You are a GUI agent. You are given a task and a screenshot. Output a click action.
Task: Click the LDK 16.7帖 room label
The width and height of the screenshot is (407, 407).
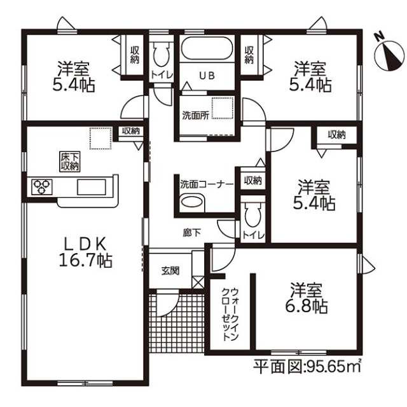point(86,252)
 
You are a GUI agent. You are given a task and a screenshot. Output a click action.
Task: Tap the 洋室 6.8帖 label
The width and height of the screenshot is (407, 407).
point(307,298)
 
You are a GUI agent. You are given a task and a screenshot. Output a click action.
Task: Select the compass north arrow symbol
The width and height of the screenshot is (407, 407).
point(390,52)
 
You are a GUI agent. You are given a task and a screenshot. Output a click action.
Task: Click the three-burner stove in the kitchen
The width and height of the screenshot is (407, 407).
point(42,187)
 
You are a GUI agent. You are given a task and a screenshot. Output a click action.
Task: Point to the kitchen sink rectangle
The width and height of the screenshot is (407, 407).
point(92,187)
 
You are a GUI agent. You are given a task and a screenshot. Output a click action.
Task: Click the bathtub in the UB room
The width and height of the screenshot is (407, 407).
point(207,48)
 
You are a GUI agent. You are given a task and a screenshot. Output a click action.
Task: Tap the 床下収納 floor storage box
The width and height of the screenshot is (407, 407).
point(70,162)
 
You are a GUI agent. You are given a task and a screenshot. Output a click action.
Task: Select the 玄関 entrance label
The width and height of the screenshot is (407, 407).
point(170,271)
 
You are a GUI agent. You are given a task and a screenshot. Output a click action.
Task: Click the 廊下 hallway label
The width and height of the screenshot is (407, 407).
point(192,233)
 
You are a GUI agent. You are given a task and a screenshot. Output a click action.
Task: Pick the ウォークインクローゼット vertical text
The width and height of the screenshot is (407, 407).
point(230,314)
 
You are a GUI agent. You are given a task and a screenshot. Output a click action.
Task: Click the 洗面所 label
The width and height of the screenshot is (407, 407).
point(195,116)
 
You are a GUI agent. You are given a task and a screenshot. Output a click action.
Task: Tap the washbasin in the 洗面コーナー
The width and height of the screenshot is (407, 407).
point(192,202)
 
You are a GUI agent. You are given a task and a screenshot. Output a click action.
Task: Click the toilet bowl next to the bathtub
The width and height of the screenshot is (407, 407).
point(161,55)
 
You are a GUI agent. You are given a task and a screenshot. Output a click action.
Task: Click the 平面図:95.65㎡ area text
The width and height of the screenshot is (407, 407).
point(307,366)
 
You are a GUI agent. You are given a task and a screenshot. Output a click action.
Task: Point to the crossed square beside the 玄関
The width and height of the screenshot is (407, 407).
point(198,282)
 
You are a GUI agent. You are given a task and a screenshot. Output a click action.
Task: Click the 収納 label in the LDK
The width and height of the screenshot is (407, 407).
point(131,131)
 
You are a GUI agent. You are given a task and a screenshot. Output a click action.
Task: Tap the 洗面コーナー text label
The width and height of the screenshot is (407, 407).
point(207,184)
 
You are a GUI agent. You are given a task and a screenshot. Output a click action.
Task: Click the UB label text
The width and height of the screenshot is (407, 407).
point(207,76)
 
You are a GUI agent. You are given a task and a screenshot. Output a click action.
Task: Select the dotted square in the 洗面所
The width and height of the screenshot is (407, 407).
point(223,108)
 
